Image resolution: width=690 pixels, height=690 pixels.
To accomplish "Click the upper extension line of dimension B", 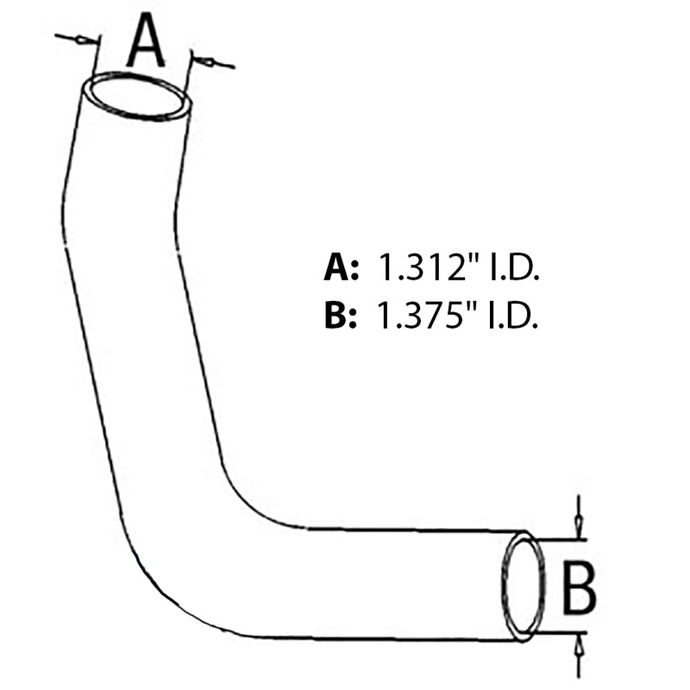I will point(561,539).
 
